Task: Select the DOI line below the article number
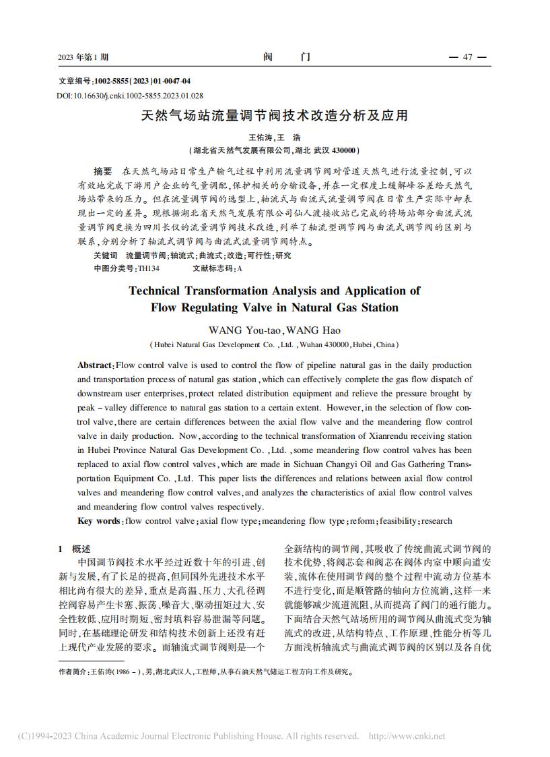130,96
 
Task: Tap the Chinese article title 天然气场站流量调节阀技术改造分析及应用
274,116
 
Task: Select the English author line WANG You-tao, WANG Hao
275,330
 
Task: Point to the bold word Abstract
94,365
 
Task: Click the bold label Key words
98,521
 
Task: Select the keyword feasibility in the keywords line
398,521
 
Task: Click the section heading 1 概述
75,549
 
